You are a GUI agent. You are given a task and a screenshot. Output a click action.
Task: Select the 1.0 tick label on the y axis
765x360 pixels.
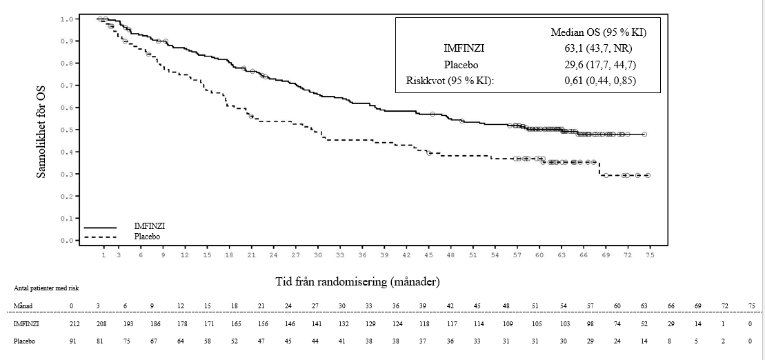pos(66,19)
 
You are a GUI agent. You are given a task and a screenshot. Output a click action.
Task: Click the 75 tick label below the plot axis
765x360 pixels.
pos(649,255)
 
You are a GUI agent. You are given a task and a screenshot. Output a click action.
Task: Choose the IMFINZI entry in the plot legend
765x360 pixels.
pos(150,226)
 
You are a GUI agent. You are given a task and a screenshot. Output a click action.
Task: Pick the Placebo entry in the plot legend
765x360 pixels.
pos(148,236)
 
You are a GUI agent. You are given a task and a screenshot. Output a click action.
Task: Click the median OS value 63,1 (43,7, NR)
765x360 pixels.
pos(598,48)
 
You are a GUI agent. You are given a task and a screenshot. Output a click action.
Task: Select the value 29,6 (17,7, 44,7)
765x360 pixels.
pos(598,65)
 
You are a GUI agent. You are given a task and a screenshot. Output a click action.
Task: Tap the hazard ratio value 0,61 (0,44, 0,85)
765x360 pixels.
pos(598,81)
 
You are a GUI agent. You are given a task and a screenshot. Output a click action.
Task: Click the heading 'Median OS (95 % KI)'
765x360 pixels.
pos(598,32)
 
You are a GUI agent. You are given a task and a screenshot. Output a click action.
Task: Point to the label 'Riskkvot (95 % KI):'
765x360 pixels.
pos(450,81)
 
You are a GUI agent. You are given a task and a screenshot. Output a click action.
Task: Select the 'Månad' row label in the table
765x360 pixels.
pos(22,305)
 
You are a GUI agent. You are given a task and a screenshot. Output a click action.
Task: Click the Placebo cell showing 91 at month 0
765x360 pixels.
pos(71,340)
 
